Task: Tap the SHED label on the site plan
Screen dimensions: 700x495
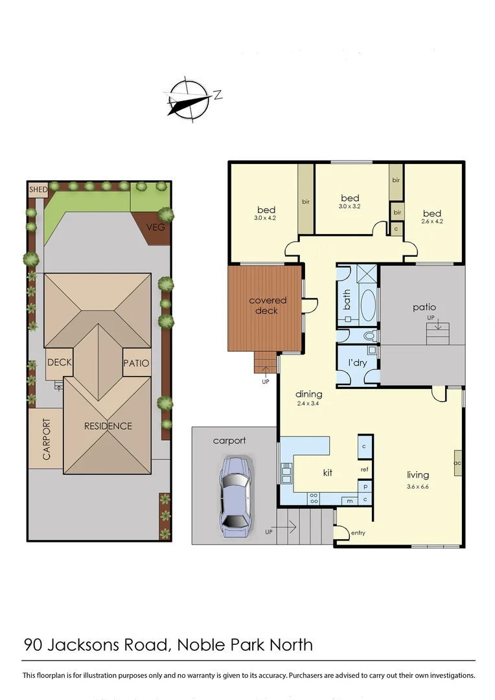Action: tap(38, 190)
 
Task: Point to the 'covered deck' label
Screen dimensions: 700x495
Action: tap(268, 305)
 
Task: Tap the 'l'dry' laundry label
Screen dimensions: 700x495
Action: tap(357, 363)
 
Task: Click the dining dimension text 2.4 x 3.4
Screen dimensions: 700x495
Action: tap(308, 404)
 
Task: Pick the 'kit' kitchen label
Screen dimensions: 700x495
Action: tap(328, 473)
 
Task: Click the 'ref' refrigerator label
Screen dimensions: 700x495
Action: tap(365, 469)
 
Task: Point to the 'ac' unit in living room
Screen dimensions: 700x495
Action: tap(457, 463)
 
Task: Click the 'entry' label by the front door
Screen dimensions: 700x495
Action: tap(358, 533)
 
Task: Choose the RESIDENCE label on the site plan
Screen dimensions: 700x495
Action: tap(108, 426)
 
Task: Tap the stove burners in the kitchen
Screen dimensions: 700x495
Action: tap(314, 498)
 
